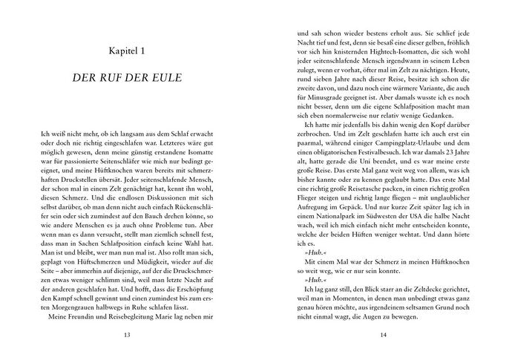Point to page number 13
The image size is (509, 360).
127,335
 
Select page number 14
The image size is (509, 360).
383,335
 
